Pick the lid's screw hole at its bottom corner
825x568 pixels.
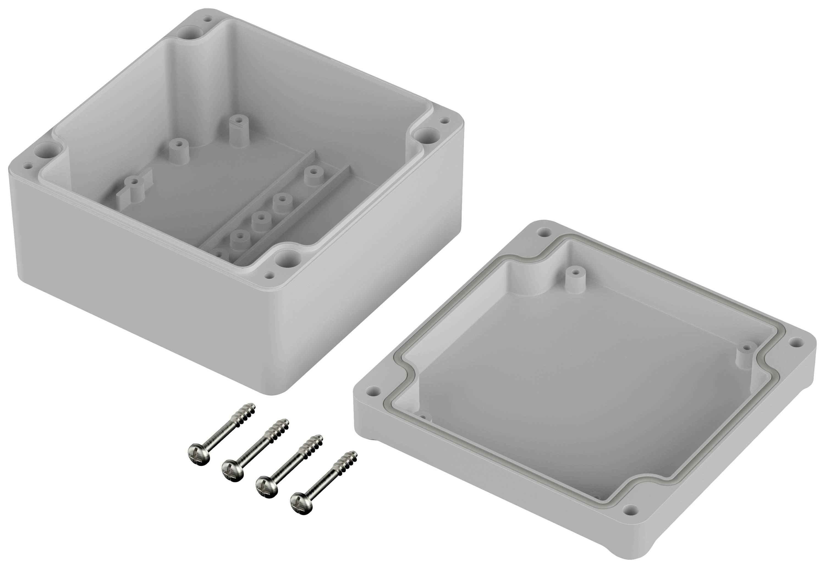pyautogui.click(x=630, y=510)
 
